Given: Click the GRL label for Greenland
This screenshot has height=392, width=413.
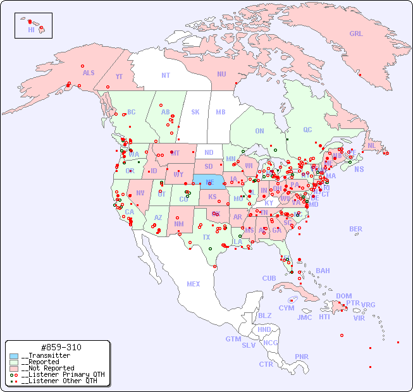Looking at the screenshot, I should pos(356,34).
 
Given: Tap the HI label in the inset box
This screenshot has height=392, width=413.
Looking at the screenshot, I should pos(31,30).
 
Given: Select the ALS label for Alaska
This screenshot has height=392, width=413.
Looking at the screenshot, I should pos(89,73).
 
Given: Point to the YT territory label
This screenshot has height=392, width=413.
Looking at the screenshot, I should pos(119,77).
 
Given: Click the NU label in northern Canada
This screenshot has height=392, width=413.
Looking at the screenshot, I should pos(221,74).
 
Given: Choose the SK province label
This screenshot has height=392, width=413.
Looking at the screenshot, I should pos(195,112).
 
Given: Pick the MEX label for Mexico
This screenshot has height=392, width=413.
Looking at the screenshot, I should pos(194,284).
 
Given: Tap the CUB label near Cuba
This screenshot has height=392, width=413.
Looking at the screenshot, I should pos(269,278).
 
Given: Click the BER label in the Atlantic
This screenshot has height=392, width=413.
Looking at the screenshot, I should pos(355,229).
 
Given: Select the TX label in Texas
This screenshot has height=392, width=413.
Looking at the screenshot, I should pos(206,237).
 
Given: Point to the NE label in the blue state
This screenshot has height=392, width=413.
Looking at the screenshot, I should pos(210,181).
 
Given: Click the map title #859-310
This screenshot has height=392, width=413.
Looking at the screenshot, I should pos(60,347).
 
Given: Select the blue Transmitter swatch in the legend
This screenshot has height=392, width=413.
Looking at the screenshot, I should pos(14,356).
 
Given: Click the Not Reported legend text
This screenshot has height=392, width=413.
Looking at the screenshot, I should pos(47,368).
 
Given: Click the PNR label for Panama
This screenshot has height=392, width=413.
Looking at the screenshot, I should pos(302,357).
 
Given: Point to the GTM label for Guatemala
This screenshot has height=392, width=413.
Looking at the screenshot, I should pos(233,339).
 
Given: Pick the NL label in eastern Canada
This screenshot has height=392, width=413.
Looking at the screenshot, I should pos(371,145).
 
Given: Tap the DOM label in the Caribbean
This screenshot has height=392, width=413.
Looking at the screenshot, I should pos(343,296).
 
